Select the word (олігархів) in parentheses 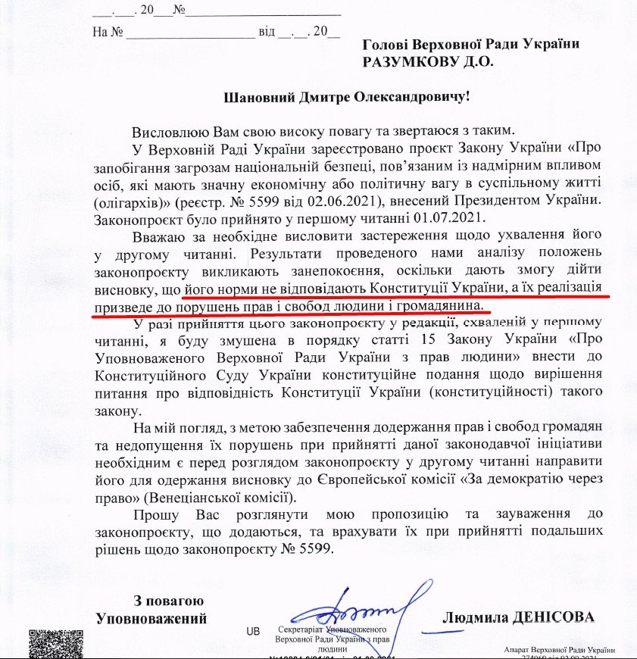click(131, 202)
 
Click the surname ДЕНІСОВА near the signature click(556, 617)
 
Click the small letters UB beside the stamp click(252, 630)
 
